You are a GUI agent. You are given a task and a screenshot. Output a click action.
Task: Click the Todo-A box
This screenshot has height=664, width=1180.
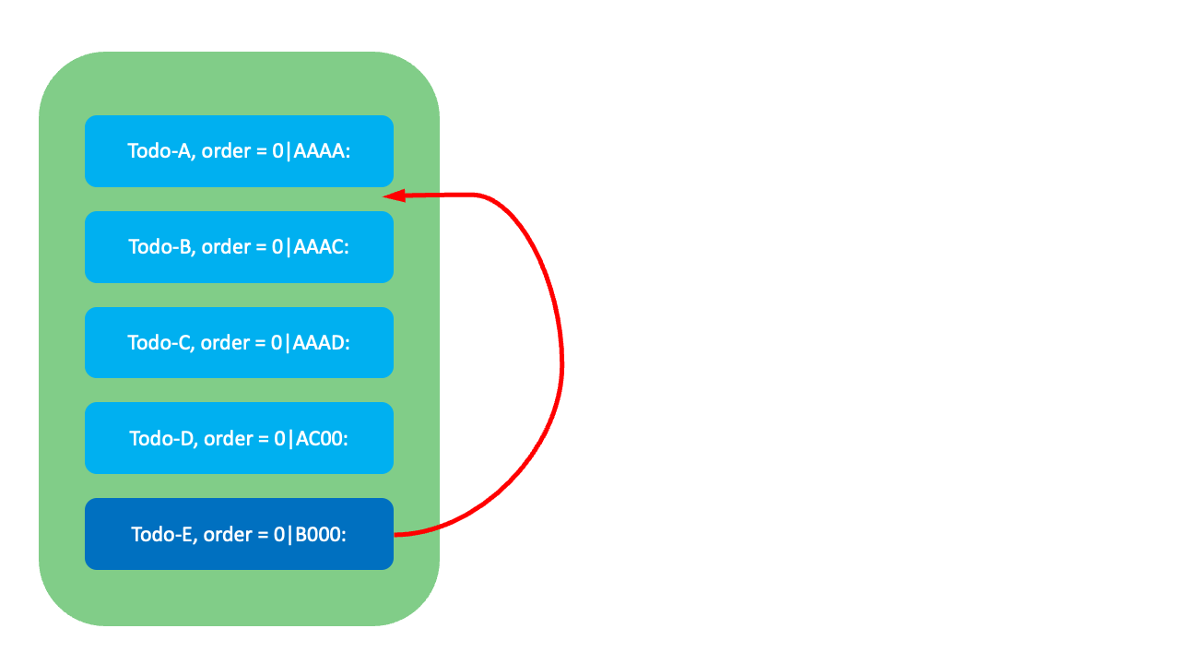click(239, 151)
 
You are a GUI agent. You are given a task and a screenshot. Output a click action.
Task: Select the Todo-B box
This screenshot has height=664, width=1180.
click(239, 247)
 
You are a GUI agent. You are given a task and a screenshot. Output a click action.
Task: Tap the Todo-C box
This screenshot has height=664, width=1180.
click(239, 342)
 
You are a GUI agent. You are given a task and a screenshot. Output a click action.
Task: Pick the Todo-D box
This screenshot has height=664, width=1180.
click(239, 438)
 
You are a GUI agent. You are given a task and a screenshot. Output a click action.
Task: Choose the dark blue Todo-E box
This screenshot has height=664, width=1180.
click(239, 534)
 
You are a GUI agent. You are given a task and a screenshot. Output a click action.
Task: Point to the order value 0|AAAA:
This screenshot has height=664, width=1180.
click(312, 151)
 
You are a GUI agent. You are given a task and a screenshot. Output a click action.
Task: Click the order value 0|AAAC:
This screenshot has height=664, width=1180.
click(311, 247)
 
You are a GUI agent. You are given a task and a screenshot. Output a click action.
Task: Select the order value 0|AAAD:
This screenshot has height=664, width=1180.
click(311, 343)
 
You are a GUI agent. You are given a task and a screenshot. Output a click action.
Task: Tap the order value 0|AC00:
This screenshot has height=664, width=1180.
click(311, 439)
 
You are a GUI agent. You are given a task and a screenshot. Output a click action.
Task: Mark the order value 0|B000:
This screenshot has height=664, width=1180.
click(310, 535)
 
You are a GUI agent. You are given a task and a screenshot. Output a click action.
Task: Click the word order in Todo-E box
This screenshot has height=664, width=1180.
click(228, 535)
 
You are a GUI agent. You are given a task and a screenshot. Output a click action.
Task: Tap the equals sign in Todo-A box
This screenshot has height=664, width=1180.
click(261, 152)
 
